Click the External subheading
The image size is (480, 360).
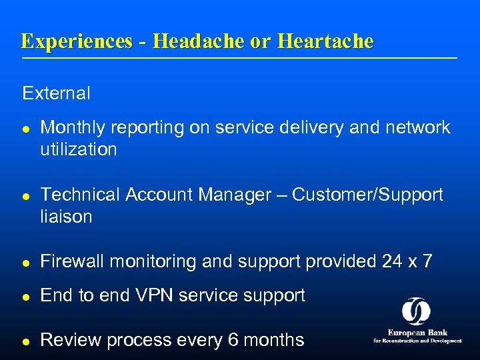click(x=56, y=93)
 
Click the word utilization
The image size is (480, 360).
click(x=78, y=149)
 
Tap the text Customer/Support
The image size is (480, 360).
click(x=367, y=195)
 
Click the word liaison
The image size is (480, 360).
click(x=66, y=217)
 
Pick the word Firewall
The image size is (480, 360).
click(x=73, y=261)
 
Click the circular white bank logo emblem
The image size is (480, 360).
click(x=416, y=311)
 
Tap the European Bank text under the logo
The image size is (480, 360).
click(x=417, y=333)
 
